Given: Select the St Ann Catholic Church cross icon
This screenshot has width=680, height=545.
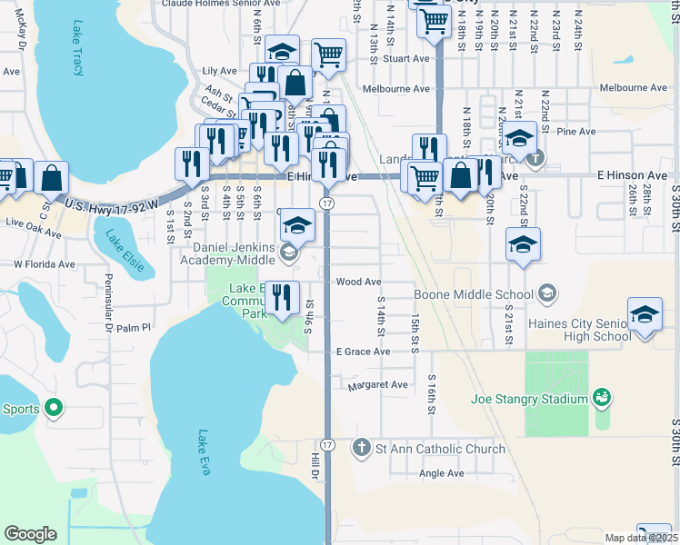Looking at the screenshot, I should [362, 449].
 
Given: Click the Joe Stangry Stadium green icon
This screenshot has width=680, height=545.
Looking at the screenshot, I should [601, 398].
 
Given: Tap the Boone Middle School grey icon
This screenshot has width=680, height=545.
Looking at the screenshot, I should [546, 293].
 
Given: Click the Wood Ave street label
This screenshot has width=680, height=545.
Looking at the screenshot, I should [358, 282].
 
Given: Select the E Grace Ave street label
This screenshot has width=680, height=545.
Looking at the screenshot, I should [363, 352].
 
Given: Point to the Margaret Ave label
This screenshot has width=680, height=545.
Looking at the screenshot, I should [378, 385].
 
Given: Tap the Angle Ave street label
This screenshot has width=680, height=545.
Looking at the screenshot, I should [441, 473].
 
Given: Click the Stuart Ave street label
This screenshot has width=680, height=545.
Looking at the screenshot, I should [405, 59].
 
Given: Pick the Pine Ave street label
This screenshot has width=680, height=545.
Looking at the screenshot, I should [577, 132].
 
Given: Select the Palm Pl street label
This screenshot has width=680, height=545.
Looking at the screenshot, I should [134, 327].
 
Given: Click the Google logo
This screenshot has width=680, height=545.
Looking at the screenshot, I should [30, 533].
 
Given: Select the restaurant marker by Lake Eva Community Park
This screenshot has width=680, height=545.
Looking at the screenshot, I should [282, 297].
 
